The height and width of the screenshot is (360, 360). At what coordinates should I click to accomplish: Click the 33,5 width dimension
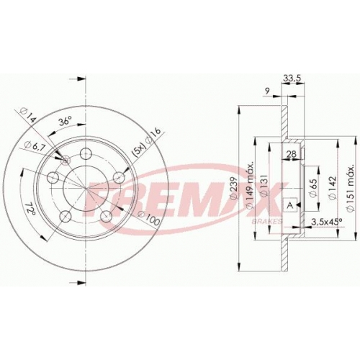click(292, 78)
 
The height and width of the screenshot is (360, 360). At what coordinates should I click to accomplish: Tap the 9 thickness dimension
click(267, 91)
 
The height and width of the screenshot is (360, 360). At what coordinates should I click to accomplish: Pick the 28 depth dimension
click(292, 154)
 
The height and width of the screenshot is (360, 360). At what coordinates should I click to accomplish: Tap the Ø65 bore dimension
click(313, 188)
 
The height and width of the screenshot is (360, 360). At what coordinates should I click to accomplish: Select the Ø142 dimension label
click(332, 188)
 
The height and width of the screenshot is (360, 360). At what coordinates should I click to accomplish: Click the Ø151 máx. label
click(351, 188)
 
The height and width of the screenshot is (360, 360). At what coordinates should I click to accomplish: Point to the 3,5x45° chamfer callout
click(326, 222)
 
